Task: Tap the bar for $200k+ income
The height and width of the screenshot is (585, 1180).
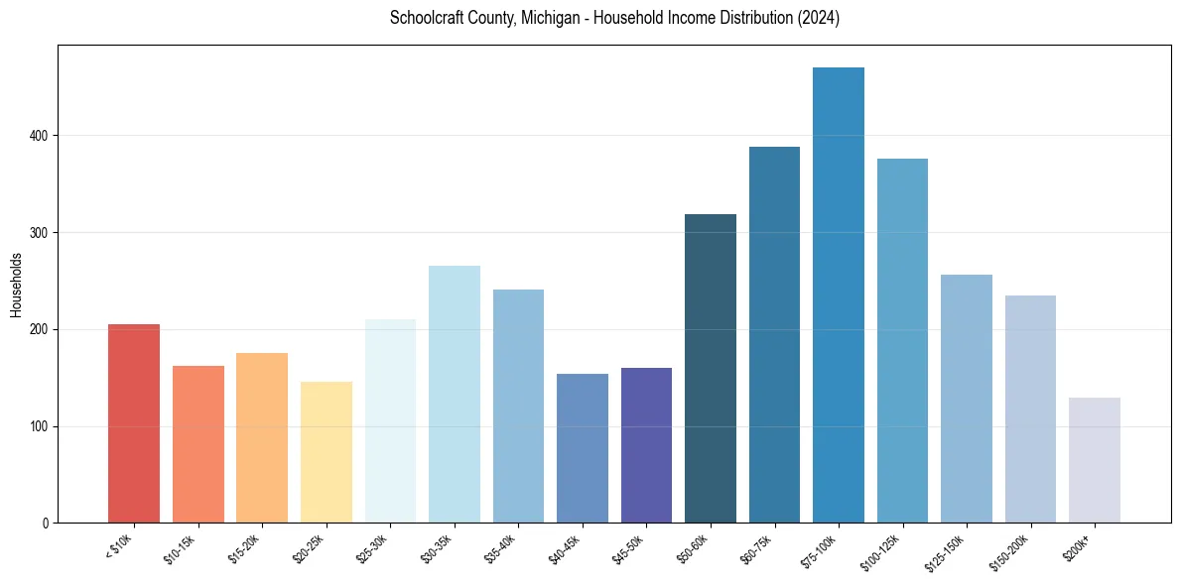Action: pyautogui.click(x=1094, y=460)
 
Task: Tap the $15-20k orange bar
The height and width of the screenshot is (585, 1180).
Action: pyautogui.click(x=262, y=437)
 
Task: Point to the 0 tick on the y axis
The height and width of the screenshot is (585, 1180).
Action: pyautogui.click(x=46, y=524)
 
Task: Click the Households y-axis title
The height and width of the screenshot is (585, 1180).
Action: pyautogui.click(x=16, y=285)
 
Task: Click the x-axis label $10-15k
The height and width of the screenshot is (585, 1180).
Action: pyautogui.click(x=181, y=547)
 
